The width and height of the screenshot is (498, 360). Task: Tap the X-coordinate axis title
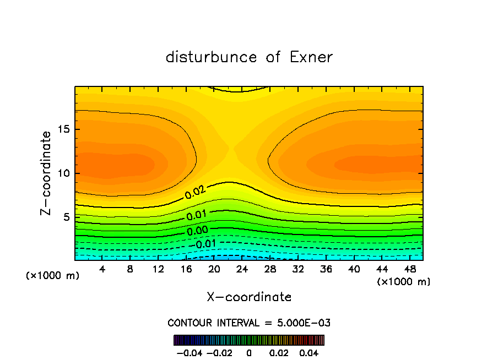(249, 297)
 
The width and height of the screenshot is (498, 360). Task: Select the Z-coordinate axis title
(46, 173)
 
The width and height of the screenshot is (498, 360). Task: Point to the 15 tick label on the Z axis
(63, 129)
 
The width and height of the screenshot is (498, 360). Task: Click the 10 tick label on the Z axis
(63, 173)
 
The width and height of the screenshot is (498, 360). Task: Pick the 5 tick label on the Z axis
(66, 217)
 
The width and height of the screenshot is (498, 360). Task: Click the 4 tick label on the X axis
(102, 269)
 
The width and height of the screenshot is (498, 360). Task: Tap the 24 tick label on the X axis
(242, 269)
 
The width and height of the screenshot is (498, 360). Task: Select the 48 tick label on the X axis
(409, 269)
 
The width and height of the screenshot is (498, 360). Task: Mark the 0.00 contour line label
(197, 231)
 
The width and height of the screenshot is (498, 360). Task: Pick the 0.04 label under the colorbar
(309, 352)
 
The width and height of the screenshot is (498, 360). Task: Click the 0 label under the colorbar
(248, 352)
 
